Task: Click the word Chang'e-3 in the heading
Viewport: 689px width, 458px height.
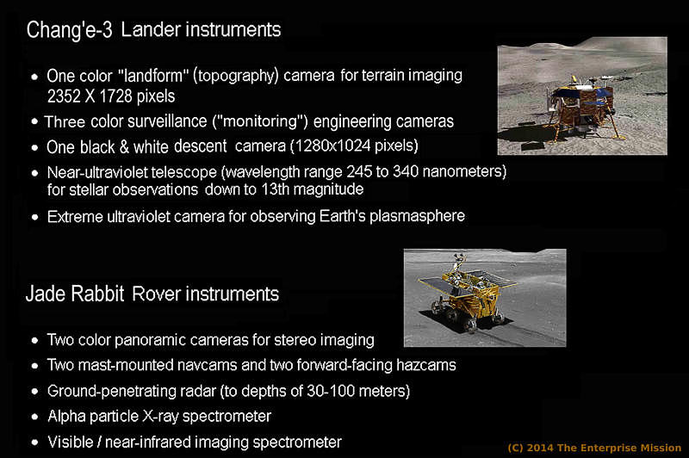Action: tap(69, 31)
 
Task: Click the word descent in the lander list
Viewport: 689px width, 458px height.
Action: tap(201, 146)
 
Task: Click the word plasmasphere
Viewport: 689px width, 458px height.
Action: tap(417, 216)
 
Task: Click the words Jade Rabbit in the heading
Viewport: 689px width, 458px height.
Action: tap(75, 294)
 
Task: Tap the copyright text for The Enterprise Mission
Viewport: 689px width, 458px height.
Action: tap(594, 448)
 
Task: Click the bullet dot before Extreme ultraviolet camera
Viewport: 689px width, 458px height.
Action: tap(35, 217)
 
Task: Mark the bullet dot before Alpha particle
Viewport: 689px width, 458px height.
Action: tap(35, 417)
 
